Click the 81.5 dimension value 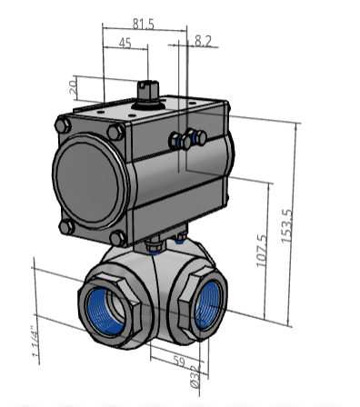(144, 24)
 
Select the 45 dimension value (125, 43)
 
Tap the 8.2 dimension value (203, 41)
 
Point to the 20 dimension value (74, 87)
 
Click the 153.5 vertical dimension (286, 225)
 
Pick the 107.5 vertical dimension (262, 251)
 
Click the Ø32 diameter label (195, 377)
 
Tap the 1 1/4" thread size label (35, 345)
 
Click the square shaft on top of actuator (148, 90)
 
